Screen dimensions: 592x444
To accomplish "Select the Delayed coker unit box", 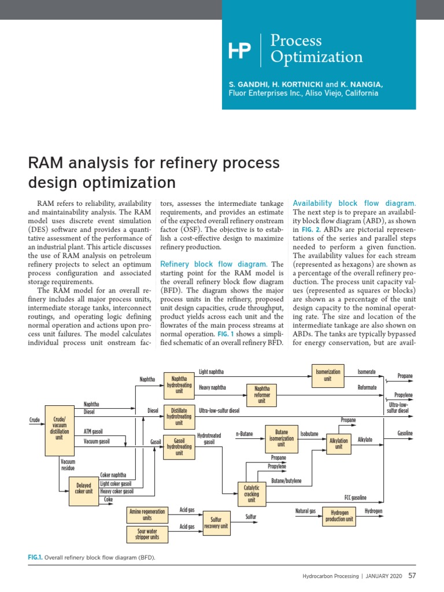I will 84,488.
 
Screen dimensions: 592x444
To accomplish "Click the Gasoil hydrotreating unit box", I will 179,446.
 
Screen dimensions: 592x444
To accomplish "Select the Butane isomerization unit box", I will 281,438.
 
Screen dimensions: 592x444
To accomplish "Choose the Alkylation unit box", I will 339,443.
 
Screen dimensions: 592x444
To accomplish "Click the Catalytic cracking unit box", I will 251,494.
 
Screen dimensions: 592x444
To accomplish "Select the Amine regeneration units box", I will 147,515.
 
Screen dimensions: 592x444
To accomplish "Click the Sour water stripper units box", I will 147,534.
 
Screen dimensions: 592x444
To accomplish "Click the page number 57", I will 412,576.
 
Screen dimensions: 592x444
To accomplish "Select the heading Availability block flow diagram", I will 354,203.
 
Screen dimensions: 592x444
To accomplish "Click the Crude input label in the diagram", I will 34,420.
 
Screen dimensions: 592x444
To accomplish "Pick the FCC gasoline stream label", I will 356,497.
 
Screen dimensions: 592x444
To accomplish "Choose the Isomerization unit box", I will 327,375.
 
